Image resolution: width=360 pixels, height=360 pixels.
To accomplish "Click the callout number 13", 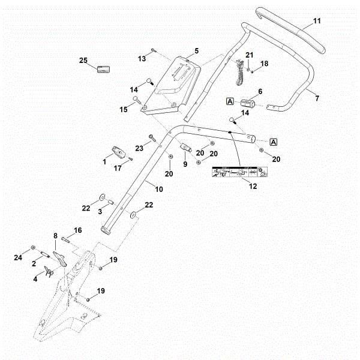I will [142, 58].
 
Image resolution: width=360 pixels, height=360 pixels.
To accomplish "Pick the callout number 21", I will [250, 55].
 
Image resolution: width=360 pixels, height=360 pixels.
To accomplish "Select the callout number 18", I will [264, 63].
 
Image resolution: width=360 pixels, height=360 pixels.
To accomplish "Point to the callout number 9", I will [185, 163].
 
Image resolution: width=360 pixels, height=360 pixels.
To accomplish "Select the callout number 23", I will [139, 147].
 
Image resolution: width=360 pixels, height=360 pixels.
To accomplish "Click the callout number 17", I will [118, 168].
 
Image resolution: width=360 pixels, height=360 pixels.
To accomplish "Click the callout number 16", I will [77, 230].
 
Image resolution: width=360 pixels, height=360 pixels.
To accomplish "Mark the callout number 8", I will [55, 237].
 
